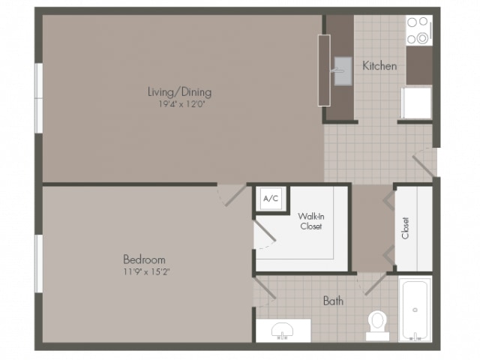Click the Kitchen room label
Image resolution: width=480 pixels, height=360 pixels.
[x=379, y=66]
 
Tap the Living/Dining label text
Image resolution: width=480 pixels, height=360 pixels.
[x=180, y=91]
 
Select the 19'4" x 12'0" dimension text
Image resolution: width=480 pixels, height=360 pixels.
[x=181, y=104]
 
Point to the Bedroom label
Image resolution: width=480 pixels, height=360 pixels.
[x=144, y=259]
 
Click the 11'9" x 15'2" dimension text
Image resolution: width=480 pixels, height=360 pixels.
[x=147, y=271]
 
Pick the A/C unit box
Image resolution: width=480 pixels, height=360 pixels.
[x=271, y=199]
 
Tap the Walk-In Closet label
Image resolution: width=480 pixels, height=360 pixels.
[x=311, y=221]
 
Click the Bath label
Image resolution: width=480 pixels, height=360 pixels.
[x=333, y=301]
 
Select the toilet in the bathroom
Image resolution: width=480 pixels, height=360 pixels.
[x=378, y=325]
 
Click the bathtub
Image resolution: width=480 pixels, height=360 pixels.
[x=415, y=309]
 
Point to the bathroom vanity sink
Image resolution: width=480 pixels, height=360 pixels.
[x=282, y=331]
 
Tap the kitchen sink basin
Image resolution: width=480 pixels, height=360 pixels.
[x=343, y=71]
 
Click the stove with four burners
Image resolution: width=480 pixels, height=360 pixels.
[x=419, y=31]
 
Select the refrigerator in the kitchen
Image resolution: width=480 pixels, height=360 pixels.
[x=416, y=103]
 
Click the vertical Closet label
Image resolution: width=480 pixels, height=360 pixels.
[x=405, y=228]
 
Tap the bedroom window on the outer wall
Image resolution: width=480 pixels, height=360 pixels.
[x=39, y=264]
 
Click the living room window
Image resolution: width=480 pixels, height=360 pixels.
[x=39, y=98]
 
